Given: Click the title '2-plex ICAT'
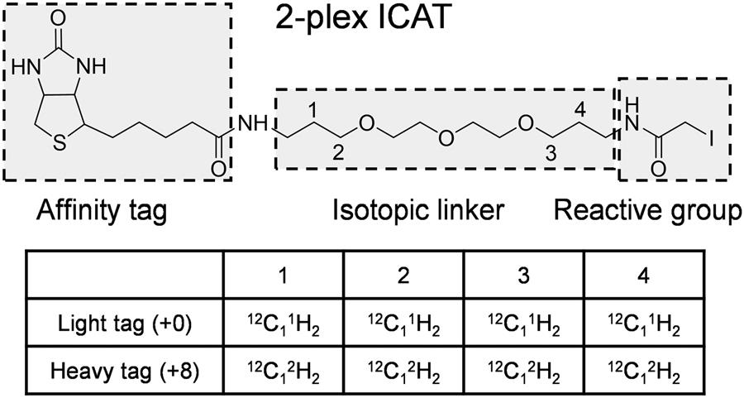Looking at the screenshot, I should pos(365,18).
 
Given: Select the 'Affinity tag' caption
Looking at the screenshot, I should pos(103,211).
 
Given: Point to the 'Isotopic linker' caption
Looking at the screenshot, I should pos(419,211).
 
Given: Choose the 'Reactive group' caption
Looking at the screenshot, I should pos(647,211).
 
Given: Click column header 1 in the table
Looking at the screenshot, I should pos(283,277).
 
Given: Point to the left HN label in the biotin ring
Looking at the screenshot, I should pos(24,65).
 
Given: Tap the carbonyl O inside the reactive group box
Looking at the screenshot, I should pos(658,168).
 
